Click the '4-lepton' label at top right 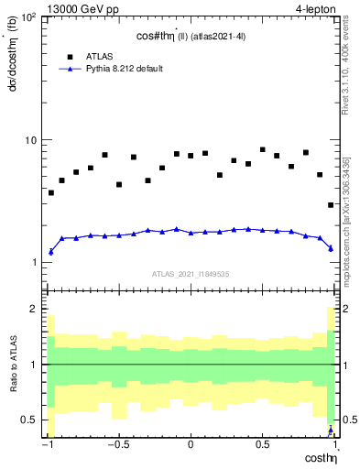317,8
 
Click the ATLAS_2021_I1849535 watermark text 191,273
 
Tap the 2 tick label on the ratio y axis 34,310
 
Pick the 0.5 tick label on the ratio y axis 30,420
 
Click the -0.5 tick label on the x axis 117,445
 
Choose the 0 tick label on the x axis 191,445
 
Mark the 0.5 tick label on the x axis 263,445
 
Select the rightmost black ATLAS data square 331,205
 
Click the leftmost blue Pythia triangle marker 50,251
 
